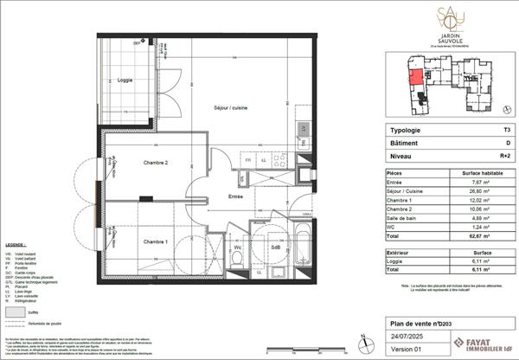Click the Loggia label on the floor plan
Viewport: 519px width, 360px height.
tap(125, 80)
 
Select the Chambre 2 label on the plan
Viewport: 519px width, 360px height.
tap(130, 162)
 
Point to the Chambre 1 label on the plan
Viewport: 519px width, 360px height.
tap(131, 241)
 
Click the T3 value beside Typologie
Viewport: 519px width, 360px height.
tap(494, 131)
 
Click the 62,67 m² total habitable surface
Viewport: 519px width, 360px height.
tap(472, 234)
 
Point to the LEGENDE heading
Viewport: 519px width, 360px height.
tap(18, 257)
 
